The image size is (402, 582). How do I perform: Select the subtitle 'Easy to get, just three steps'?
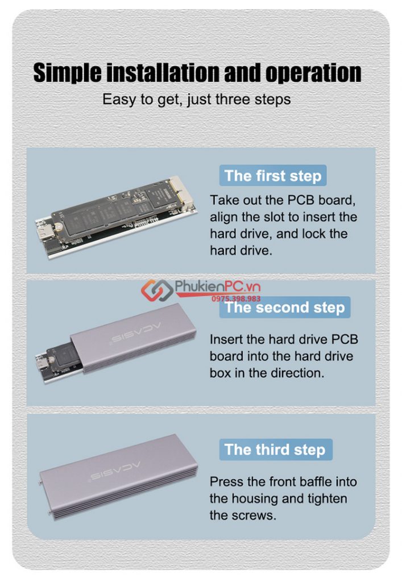(196, 99)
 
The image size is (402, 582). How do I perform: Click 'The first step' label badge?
(273, 175)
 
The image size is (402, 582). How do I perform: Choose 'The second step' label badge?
(284, 307)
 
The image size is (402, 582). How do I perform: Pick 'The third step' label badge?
(275, 450)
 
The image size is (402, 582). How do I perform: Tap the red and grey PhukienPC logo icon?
(158, 291)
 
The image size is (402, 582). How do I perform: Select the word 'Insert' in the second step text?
(225, 340)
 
